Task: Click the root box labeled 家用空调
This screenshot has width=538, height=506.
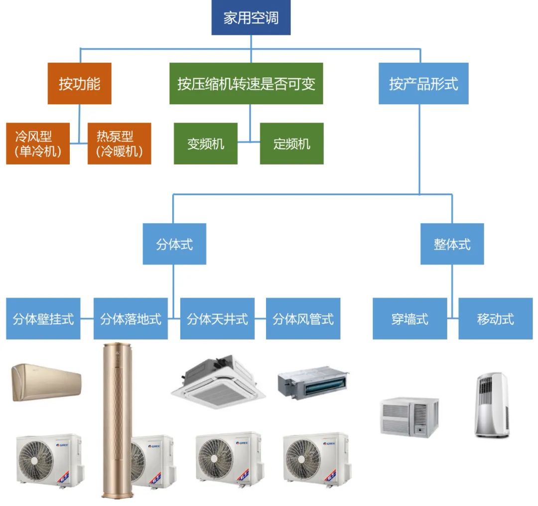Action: point(251,18)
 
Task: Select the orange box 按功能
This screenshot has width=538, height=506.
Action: point(79,84)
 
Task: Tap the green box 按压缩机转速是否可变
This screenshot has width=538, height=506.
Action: point(246,84)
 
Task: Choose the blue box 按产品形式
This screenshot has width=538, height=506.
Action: point(423,84)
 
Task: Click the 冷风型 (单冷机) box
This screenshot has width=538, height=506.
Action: point(38,144)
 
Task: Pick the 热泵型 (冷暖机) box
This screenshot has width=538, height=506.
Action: point(119,144)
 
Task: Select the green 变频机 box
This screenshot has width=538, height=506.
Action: point(206,144)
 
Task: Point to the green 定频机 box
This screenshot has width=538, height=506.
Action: point(291,144)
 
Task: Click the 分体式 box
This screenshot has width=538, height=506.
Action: point(174,244)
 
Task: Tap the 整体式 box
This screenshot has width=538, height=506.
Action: point(452,244)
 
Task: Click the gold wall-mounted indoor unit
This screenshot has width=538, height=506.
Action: point(46,382)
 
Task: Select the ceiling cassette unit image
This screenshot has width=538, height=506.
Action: point(218,382)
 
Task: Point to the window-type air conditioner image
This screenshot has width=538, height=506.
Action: point(409,417)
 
